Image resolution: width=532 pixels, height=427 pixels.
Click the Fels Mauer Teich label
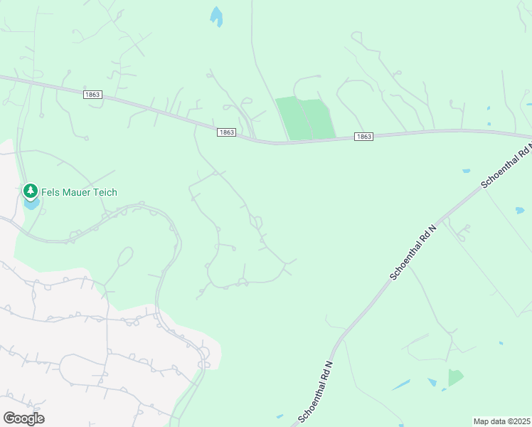79,192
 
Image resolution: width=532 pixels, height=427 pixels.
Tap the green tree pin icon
30,191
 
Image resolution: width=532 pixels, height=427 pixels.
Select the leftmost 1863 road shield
92,95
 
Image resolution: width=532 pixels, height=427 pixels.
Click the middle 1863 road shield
226,132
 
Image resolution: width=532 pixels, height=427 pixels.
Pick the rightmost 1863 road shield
363,137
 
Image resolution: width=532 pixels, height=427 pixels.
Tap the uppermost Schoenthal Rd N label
507,165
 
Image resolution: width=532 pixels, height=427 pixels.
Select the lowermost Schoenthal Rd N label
316,391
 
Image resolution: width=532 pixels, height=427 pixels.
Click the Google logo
23,418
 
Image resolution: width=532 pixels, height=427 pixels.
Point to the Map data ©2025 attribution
502,421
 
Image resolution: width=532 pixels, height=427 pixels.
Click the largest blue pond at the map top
216,16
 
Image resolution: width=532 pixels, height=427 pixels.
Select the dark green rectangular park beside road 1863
306,118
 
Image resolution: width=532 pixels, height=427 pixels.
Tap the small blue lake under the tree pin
31,204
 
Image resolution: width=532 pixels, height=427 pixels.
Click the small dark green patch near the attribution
454,377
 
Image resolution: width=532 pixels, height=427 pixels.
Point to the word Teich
104,192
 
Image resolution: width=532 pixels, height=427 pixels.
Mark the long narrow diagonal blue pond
401,385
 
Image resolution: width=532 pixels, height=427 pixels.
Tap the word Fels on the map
50,192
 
